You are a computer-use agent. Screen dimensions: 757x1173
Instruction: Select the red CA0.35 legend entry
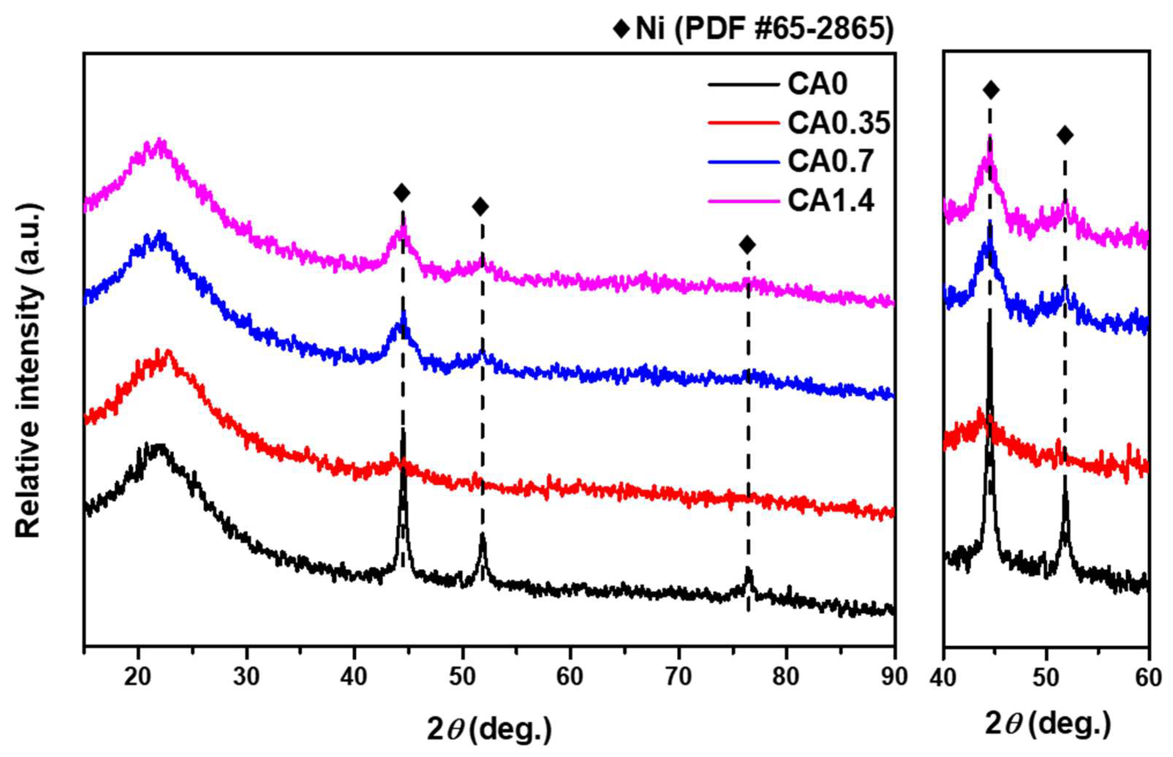[x=838, y=123]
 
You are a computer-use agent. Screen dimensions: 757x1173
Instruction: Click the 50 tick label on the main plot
[x=462, y=677]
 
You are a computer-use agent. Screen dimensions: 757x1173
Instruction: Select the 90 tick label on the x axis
[x=893, y=677]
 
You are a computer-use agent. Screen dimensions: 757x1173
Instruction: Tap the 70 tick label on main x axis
[x=678, y=677]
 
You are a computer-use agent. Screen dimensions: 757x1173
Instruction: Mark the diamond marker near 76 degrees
[x=747, y=244]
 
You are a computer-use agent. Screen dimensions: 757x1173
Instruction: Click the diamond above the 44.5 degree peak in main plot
[x=402, y=193]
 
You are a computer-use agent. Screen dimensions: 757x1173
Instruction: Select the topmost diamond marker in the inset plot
[x=991, y=90]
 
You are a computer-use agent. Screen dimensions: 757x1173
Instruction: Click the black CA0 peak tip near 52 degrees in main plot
[x=482, y=536]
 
